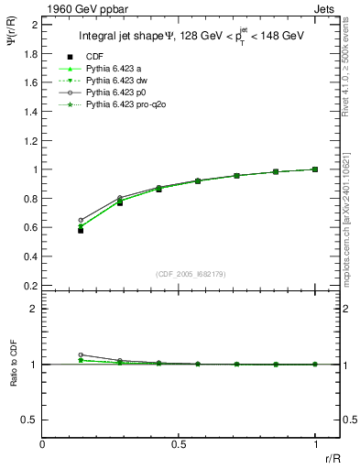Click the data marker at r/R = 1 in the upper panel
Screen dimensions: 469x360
click(315, 169)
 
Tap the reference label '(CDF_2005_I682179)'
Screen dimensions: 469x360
click(192, 274)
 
